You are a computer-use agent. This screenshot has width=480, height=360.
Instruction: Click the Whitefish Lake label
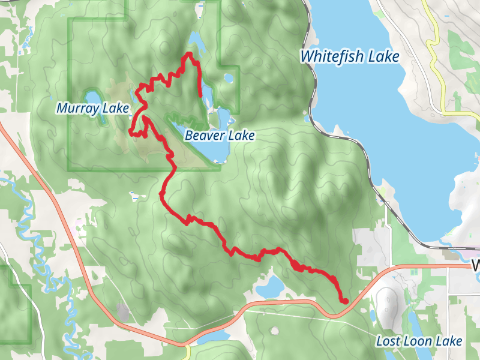[x=350, y=56]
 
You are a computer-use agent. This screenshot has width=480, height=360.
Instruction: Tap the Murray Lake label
[x=93, y=109]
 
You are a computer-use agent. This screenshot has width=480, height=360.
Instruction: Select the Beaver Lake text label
[x=220, y=136]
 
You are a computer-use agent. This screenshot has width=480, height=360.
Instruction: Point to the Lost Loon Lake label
[x=419, y=341]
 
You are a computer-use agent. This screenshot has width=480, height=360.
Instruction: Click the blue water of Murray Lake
[x=94, y=98]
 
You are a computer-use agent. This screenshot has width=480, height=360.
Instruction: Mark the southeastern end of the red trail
[x=344, y=300]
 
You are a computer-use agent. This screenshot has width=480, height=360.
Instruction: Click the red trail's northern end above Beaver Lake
[x=200, y=95]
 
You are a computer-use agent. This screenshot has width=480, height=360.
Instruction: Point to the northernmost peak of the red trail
[x=190, y=54]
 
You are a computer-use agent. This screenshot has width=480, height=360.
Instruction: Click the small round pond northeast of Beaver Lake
[x=228, y=77]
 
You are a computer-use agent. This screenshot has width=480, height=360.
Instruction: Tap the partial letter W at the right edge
[x=476, y=265]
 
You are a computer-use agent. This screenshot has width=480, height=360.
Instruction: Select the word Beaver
[x=202, y=136]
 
